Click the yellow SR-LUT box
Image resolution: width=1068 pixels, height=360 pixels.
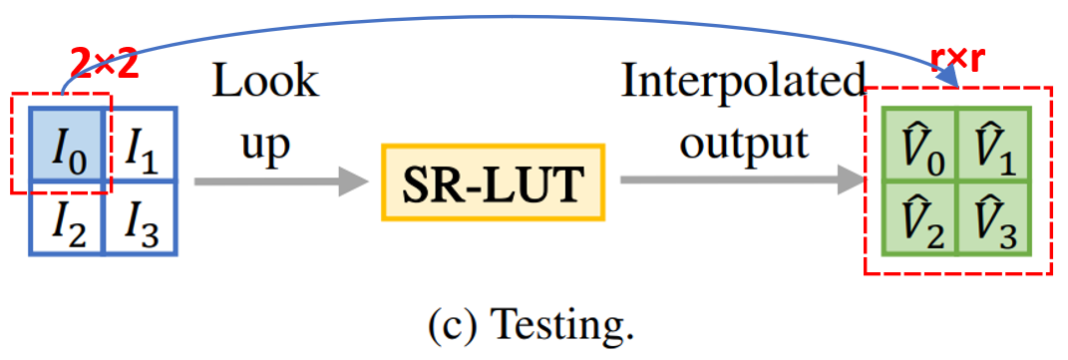[x=493, y=182]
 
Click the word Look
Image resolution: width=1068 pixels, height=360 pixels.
[x=265, y=84]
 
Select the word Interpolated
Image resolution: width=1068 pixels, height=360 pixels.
[x=743, y=84]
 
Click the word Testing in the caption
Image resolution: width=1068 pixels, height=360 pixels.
[x=568, y=323]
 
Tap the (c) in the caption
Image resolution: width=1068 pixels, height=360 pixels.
[x=455, y=324]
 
